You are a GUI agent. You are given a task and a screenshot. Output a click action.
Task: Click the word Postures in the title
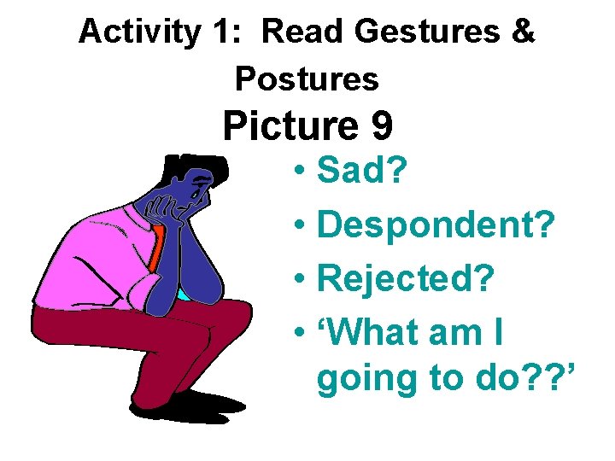pos(307,79)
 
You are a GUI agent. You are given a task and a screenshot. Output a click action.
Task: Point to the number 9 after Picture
pos(381,126)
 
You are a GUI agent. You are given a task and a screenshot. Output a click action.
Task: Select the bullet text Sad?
pos(363,171)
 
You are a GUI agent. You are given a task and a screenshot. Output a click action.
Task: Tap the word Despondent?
pos(436,227)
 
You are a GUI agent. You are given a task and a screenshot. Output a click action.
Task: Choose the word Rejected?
pos(406,280)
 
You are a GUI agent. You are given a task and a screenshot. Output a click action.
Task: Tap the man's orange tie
pos(156,247)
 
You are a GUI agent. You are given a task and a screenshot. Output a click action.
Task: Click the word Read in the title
pos(303,32)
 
